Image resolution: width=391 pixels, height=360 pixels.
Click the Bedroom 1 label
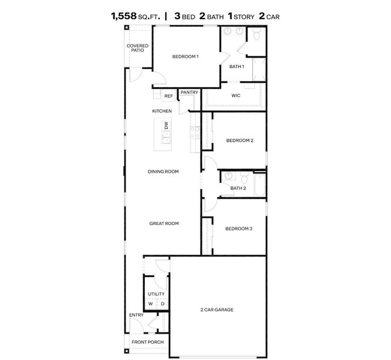[x=185, y=56]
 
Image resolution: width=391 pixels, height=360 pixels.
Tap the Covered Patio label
[x=138, y=48]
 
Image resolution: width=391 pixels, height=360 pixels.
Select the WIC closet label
[x=236, y=95]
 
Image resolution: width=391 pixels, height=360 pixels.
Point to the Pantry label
[x=189, y=92]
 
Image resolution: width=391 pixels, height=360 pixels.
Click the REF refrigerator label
[x=168, y=96]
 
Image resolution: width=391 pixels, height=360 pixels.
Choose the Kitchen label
[x=162, y=111]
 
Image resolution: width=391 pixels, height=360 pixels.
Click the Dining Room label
[x=163, y=172]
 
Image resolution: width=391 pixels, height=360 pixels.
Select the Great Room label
[x=164, y=223]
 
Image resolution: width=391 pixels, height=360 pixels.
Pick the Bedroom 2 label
[x=240, y=140]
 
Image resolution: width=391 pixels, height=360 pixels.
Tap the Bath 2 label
[x=238, y=188]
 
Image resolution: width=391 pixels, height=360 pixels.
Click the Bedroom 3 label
[x=238, y=229]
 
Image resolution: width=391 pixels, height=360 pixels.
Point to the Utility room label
[x=156, y=294]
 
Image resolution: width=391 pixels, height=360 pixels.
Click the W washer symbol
[x=151, y=304]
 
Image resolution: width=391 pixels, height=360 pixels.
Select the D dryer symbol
[x=162, y=304]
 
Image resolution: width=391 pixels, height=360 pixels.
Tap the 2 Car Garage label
[x=217, y=310]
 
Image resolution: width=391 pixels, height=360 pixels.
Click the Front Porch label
[x=148, y=342]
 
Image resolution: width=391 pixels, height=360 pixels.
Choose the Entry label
[x=136, y=315]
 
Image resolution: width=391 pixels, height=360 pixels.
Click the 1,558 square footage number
[x=124, y=16]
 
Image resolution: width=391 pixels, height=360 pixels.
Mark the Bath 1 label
[x=236, y=66]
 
